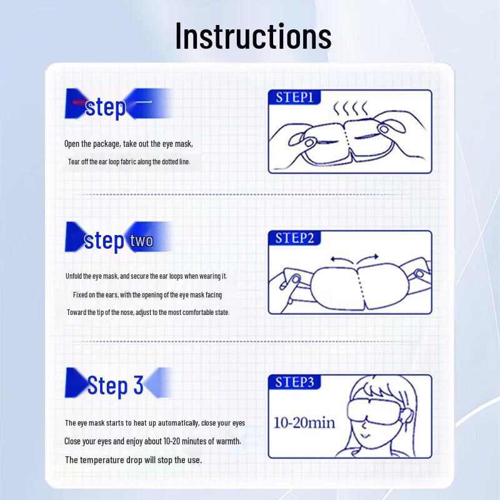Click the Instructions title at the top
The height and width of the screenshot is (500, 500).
coord(253,36)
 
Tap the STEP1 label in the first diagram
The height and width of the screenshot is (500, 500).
coord(295,97)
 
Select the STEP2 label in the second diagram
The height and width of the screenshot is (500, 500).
coord(295,238)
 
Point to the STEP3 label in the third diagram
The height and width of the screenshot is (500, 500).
coord(295,382)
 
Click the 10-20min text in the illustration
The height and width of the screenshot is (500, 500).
coord(304,422)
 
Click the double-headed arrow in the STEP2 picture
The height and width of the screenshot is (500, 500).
coord(354,257)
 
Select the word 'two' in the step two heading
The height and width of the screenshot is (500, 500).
coord(142,241)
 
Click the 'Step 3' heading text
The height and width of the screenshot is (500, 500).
coord(115,385)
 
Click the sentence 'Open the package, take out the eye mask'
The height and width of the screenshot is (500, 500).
coord(129,144)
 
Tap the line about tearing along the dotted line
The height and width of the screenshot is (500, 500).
coord(129,161)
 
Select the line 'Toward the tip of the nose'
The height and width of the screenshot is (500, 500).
coord(148,312)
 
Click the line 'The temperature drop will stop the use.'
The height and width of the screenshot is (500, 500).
coord(133,460)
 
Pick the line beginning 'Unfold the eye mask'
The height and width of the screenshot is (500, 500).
coord(146,276)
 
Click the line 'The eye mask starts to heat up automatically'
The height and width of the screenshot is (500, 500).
coord(154,423)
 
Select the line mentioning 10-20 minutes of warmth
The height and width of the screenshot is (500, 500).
coord(152,441)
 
